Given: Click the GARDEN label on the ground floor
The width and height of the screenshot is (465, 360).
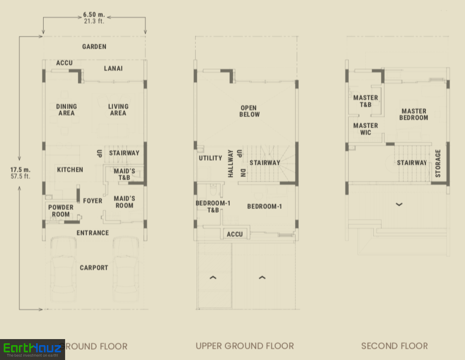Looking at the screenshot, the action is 94,46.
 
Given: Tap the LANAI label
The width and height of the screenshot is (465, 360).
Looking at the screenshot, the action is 113,68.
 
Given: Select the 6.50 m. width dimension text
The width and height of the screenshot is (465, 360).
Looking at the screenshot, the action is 94,14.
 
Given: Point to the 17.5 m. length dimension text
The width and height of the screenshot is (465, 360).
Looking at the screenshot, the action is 20,170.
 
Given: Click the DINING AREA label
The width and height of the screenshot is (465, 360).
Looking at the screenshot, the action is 66,110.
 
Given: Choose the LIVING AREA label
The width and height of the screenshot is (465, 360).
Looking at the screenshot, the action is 118,110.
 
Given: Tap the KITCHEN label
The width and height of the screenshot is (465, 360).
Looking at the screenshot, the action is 70,170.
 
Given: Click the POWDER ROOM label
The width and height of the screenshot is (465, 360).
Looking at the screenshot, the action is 61,211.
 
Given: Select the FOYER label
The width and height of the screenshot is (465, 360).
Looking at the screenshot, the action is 93,201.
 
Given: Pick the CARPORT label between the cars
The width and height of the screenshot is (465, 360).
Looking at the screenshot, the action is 94,268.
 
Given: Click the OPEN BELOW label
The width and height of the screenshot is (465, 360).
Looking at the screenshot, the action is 249,111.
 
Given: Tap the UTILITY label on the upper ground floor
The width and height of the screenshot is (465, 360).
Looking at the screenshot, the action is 210,158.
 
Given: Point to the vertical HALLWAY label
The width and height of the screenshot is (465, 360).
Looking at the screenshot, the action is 231,164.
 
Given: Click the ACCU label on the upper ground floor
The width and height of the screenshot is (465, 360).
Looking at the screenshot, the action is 235,235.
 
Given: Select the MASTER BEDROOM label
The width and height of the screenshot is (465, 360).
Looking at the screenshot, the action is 414,114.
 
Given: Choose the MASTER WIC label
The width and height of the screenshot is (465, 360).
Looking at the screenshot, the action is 365,129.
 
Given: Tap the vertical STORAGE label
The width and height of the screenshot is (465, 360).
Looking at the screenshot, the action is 438,164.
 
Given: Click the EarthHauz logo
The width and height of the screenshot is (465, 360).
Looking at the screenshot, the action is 33,349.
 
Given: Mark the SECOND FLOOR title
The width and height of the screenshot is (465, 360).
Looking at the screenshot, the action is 394,346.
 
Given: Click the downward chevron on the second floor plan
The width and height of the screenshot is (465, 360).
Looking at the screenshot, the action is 399,204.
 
